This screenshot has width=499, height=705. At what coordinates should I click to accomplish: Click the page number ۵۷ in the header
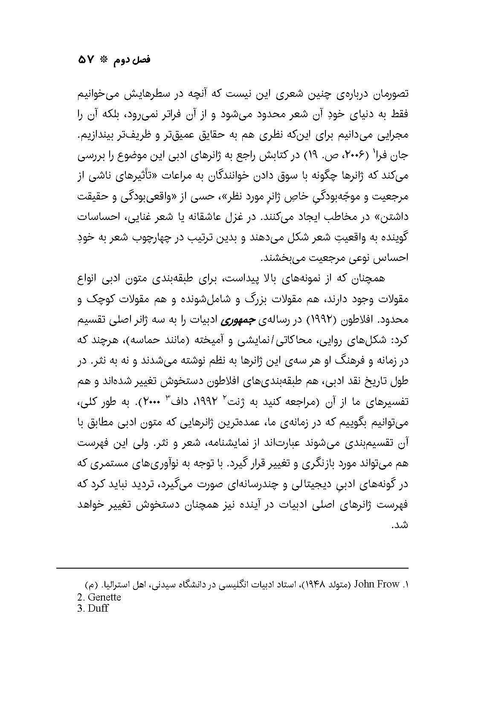(87, 61)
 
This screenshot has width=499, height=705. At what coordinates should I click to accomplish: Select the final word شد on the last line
(401, 525)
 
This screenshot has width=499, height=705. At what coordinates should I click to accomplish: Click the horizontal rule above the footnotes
(232, 568)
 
